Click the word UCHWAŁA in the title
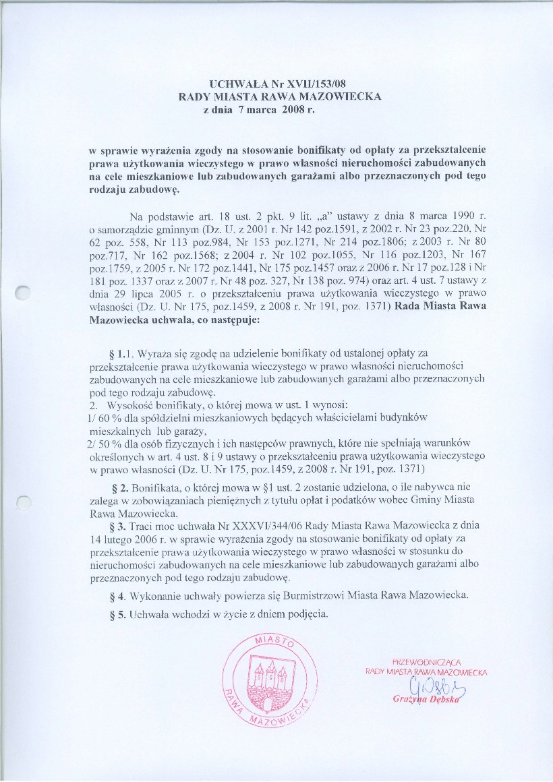click(237, 85)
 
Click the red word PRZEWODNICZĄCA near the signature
click(426, 661)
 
